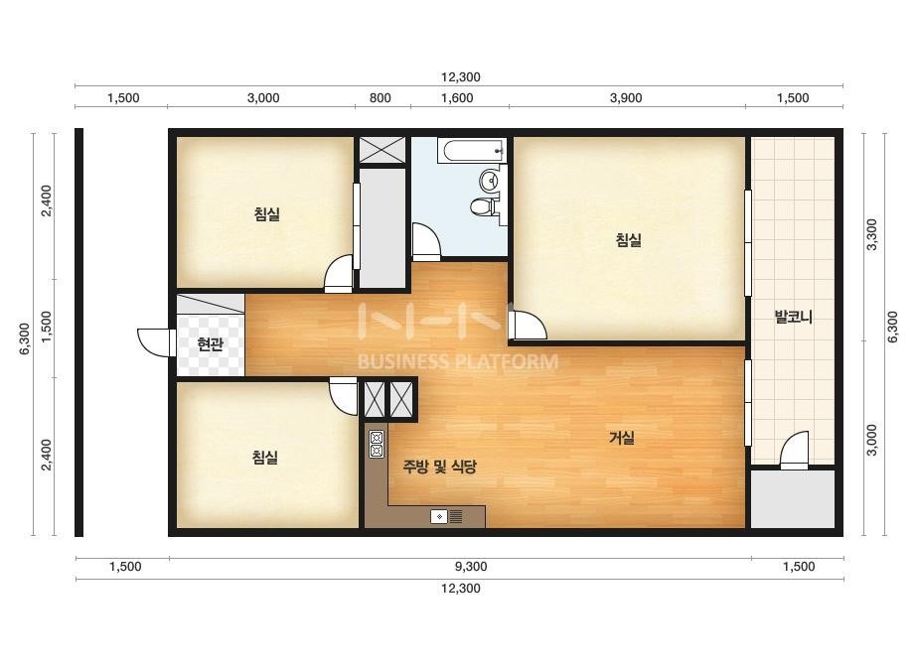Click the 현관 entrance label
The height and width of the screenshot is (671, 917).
point(210,344)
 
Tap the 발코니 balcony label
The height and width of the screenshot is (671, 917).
point(793,317)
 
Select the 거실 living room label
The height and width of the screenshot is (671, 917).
point(622,437)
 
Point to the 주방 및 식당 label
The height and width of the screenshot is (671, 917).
point(440,466)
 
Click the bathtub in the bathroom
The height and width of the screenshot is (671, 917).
point(471,151)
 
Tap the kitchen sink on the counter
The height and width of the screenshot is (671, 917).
point(447,517)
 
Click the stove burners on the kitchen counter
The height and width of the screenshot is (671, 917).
point(377,445)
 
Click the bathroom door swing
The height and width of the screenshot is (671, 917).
point(426,241)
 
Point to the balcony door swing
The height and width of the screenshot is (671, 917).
point(794,450)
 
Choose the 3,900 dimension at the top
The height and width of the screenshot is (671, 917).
point(626,98)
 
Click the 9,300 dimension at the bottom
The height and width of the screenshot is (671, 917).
point(471,567)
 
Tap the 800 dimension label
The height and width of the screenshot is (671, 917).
point(381,98)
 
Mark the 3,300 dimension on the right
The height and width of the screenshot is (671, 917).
point(871,234)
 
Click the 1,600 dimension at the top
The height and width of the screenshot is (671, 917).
point(457,98)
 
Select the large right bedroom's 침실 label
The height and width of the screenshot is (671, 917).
point(629,239)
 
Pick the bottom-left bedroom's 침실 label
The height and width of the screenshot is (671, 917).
point(265,457)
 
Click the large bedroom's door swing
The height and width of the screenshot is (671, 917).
point(528,326)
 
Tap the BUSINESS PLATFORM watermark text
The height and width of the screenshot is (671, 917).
point(457,361)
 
